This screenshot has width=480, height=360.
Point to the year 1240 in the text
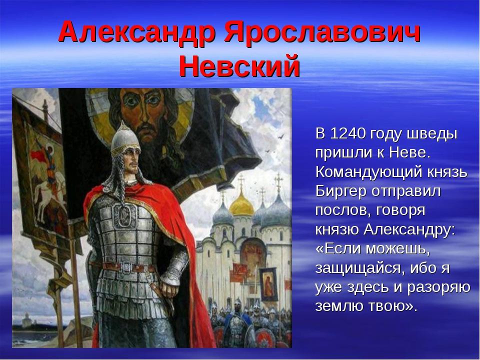[348, 134]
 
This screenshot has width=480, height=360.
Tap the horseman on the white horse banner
[48, 183]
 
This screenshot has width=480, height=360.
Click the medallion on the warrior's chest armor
[125, 214]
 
